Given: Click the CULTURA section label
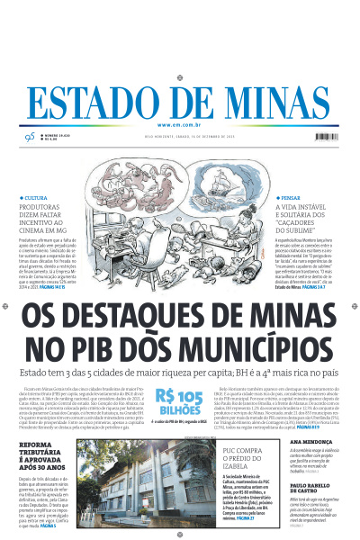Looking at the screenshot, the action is click(36, 197).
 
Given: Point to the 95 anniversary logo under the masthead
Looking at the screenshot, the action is click(29, 136).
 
